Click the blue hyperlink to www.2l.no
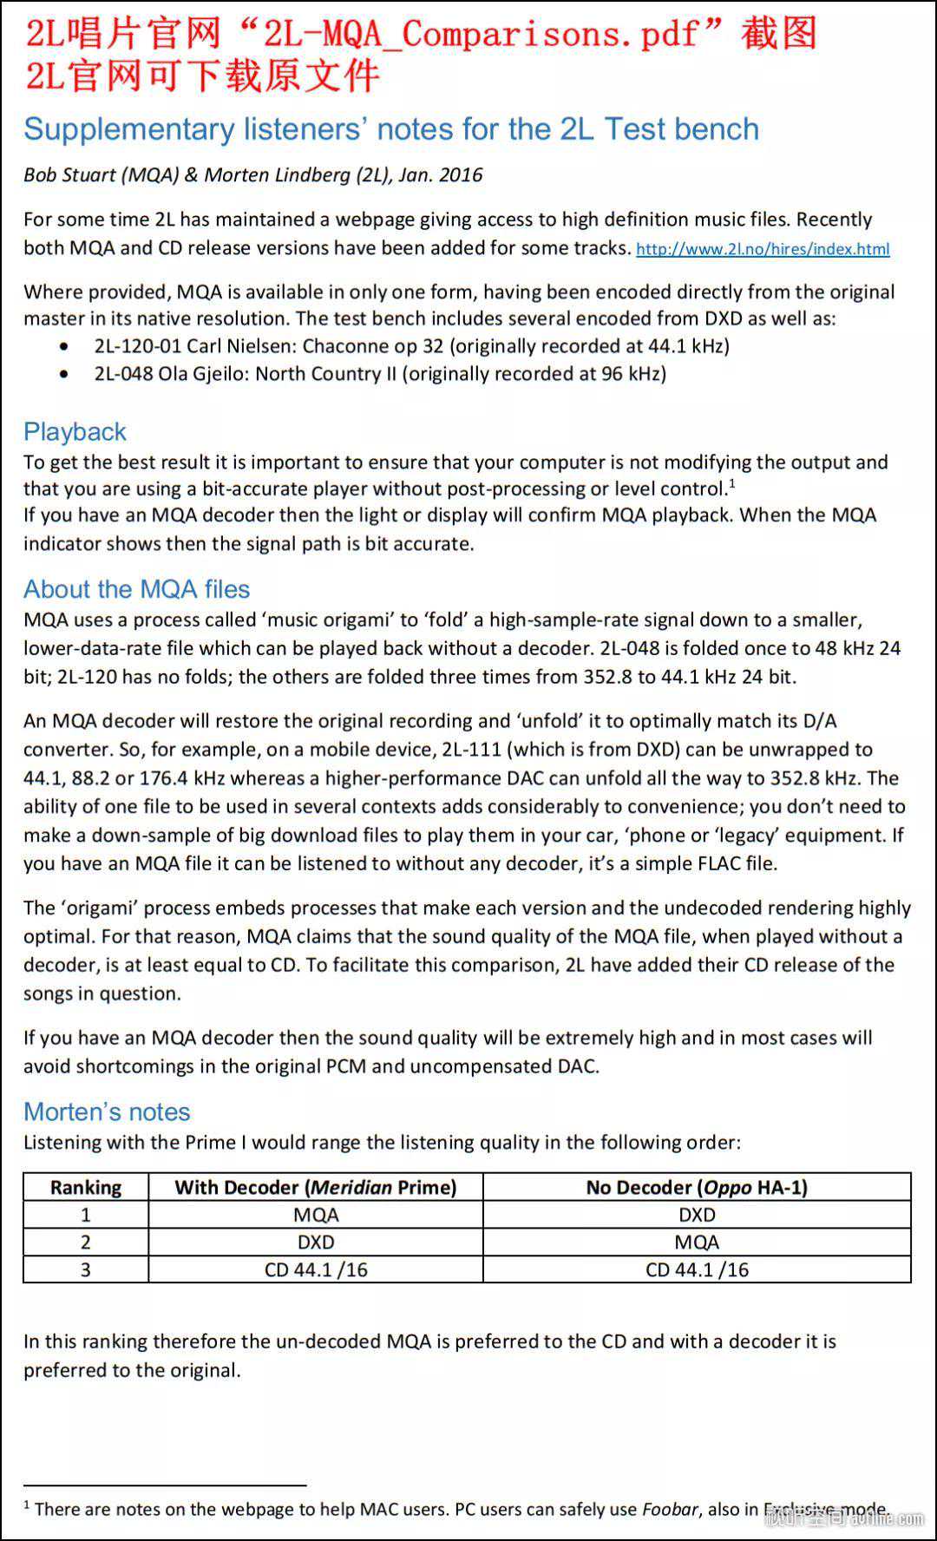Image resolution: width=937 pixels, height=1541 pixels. (763, 249)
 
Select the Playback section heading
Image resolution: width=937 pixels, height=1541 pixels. (75, 431)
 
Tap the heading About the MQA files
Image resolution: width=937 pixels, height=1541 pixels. (136, 589)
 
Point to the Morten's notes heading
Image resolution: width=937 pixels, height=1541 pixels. (107, 1111)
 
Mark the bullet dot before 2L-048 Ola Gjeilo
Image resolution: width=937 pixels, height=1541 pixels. (64, 374)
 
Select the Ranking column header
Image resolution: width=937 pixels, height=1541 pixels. (86, 1187)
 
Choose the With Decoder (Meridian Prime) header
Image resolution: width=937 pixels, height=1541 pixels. (316, 1187)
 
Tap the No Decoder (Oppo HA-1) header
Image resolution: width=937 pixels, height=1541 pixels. (697, 1187)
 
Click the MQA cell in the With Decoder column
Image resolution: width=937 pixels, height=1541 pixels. (316, 1215)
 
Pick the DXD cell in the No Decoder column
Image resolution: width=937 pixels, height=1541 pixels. (697, 1215)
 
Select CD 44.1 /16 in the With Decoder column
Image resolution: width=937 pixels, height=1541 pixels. (316, 1269)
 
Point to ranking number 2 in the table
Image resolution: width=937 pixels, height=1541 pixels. (86, 1243)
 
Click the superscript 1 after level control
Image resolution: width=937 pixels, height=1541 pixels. (732, 482)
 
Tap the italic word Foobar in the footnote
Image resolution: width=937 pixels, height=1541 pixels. (670, 1509)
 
